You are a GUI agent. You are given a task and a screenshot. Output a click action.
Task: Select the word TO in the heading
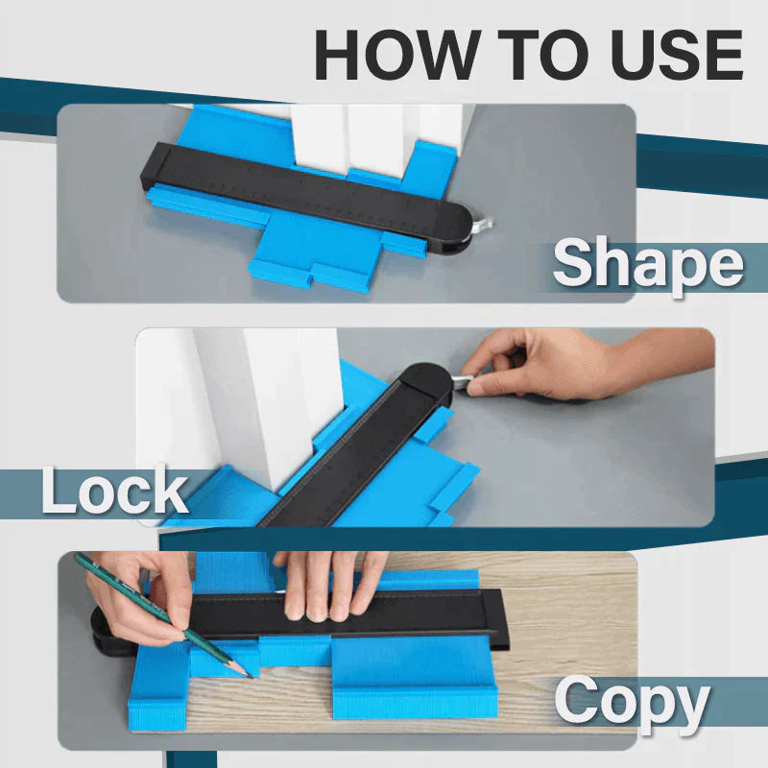pos(539,56)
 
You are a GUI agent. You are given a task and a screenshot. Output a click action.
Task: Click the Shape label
pos(648,264)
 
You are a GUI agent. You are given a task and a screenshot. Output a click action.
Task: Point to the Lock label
pos(114,491)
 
